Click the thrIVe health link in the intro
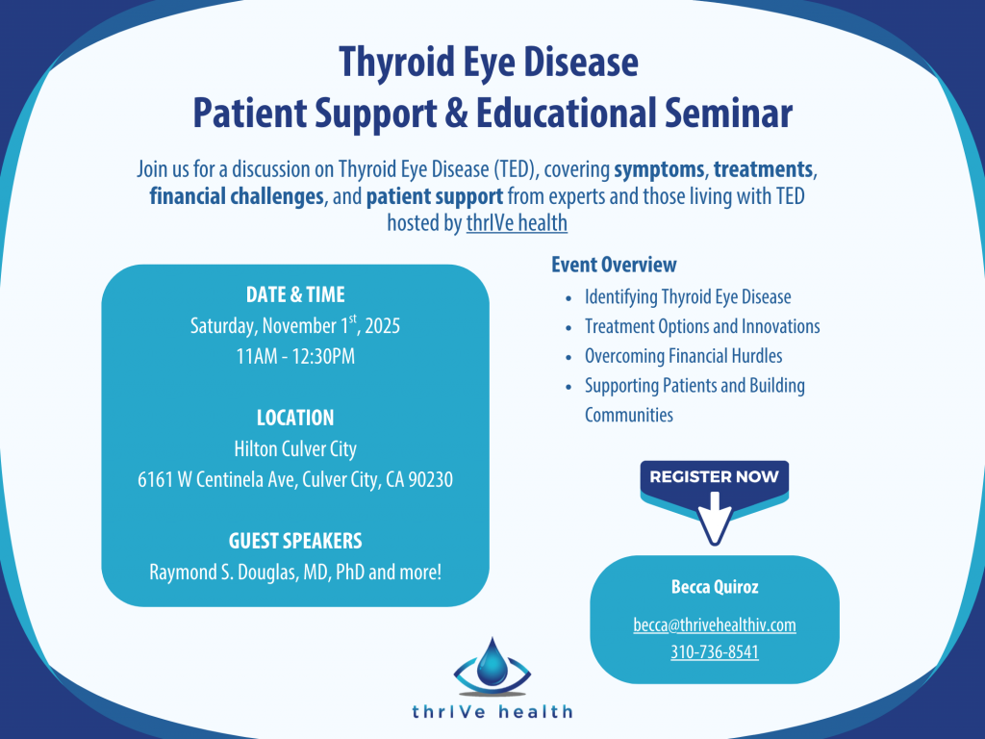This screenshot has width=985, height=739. [x=517, y=223]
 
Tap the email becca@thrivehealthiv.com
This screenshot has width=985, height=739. [x=715, y=624]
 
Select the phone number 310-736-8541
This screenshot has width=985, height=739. [x=715, y=651]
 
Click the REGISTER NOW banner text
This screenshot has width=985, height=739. [x=715, y=476]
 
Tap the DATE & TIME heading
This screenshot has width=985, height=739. [x=295, y=294]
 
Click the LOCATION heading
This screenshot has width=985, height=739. [x=295, y=418]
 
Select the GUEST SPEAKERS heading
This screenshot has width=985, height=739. [x=295, y=541]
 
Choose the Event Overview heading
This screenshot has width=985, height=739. [x=614, y=265]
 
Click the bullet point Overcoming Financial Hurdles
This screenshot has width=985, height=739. [x=684, y=356]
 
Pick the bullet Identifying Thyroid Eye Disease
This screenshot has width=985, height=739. [x=688, y=297]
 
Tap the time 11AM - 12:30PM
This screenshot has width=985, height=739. [x=295, y=356]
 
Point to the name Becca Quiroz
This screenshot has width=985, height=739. [x=715, y=587]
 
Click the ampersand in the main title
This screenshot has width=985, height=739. [x=456, y=114]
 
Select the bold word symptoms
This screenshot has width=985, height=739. [x=659, y=169]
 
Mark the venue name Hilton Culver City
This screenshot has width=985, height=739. [x=295, y=448]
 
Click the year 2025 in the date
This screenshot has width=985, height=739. [x=383, y=326]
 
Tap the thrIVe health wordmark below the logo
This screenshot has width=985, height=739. [x=492, y=712]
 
